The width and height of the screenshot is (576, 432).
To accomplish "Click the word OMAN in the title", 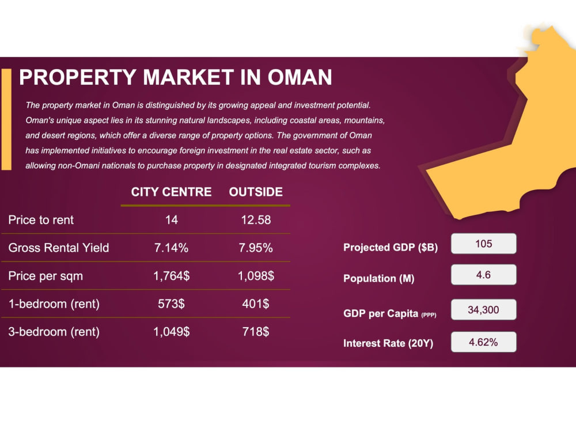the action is pos(300,77).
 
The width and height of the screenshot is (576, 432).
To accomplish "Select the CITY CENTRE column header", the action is pos(171,192).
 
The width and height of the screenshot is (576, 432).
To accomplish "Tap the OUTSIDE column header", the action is pos(256,192).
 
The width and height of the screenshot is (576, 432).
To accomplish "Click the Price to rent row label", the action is pos(41,219).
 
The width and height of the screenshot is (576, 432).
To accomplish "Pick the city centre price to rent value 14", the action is pos(172,219).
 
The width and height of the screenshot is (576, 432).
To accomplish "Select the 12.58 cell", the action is pos(256,219).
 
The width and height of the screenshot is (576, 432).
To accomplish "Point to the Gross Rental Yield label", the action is pos(58,248).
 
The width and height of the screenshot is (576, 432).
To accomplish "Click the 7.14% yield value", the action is pos(171,248).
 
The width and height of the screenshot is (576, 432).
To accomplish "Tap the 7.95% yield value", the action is pos(256,248).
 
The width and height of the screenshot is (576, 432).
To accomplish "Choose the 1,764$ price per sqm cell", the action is pos(171,275).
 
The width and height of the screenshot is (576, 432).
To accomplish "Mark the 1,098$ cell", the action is pos(256,275).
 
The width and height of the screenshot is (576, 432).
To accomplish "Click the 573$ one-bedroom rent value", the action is pos(171,304).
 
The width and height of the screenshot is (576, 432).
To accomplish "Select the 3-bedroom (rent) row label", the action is pos(54,332).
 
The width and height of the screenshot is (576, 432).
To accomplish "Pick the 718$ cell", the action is pos(256,332).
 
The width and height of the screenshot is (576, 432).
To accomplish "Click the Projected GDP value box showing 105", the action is pos(483,244).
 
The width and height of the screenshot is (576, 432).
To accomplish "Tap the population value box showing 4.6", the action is pos(483,275).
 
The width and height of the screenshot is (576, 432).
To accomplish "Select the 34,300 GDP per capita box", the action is pos(483,310).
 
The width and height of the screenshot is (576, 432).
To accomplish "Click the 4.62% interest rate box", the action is pos(483,342).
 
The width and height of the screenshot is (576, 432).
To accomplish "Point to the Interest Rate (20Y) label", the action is pos(388,343).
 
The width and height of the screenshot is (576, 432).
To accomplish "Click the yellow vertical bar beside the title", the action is pos(6,119).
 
